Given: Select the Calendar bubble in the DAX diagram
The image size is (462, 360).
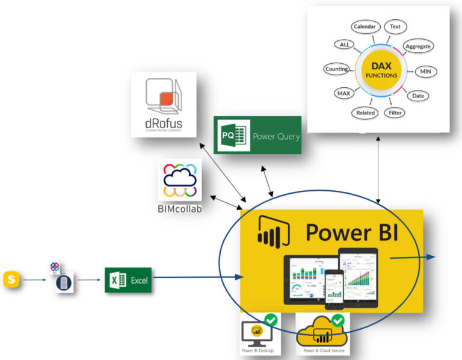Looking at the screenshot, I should point(365,26).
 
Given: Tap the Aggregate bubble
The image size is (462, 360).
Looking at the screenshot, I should point(418,46).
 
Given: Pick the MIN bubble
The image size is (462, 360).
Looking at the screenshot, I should point(426,72).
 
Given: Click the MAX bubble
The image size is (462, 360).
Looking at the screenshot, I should point(343,94).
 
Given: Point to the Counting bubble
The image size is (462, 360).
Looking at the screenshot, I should point(337,69).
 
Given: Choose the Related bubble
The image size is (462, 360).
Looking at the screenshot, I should point(365,113).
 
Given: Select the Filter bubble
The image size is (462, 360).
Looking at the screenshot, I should point(396,113).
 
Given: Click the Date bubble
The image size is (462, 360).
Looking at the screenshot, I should point(417,95).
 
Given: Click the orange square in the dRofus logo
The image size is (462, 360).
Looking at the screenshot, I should point(167,96).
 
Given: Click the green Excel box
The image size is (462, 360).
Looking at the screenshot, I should point(128,280).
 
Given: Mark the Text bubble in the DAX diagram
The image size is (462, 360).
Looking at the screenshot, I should point(395,26).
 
